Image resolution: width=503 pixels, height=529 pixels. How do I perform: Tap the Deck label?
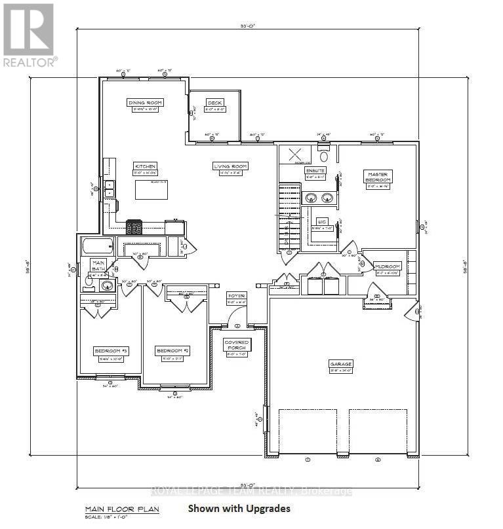tap(215, 103)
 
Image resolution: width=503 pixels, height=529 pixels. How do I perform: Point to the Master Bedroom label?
tap(378, 177)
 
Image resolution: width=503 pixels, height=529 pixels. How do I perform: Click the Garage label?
tap(341, 363)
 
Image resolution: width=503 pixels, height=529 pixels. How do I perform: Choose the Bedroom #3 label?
tap(111, 352)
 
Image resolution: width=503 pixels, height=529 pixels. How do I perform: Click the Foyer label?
tap(236, 295)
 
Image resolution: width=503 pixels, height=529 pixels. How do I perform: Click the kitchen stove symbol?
tap(134, 227)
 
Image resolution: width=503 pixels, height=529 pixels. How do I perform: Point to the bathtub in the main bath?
tap(97, 247)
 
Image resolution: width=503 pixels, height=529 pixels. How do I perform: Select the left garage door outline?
tap(308, 430)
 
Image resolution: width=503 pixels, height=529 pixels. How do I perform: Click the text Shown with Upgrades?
tap(239, 508)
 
